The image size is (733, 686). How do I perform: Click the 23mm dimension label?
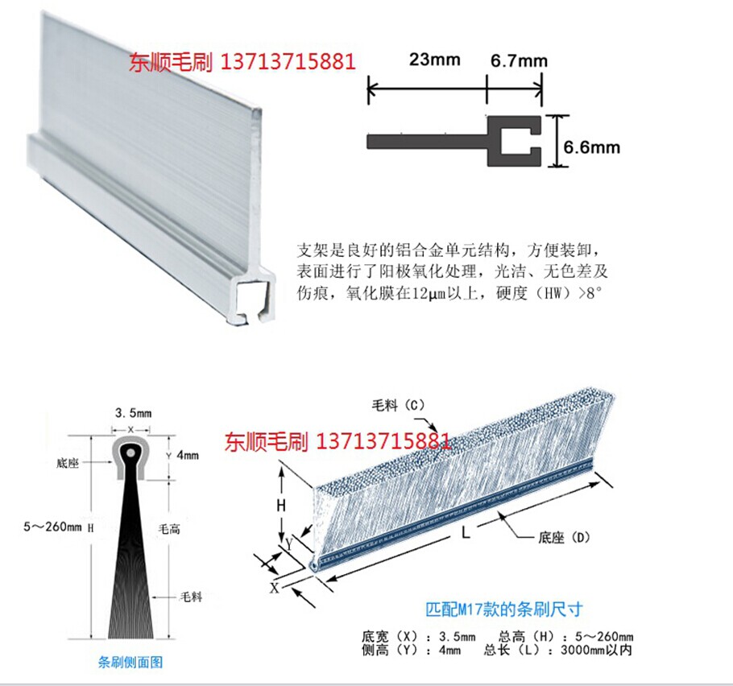point(434,59)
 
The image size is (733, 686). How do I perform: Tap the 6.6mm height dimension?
point(592,147)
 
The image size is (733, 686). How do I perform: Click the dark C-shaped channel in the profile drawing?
point(516,141)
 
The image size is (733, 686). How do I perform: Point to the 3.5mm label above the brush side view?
point(129,413)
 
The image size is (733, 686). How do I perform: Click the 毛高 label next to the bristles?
point(170,529)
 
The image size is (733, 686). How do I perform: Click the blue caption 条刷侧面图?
point(130,663)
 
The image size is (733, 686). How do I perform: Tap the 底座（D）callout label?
point(555,536)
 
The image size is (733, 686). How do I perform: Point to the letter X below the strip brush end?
point(273,588)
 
